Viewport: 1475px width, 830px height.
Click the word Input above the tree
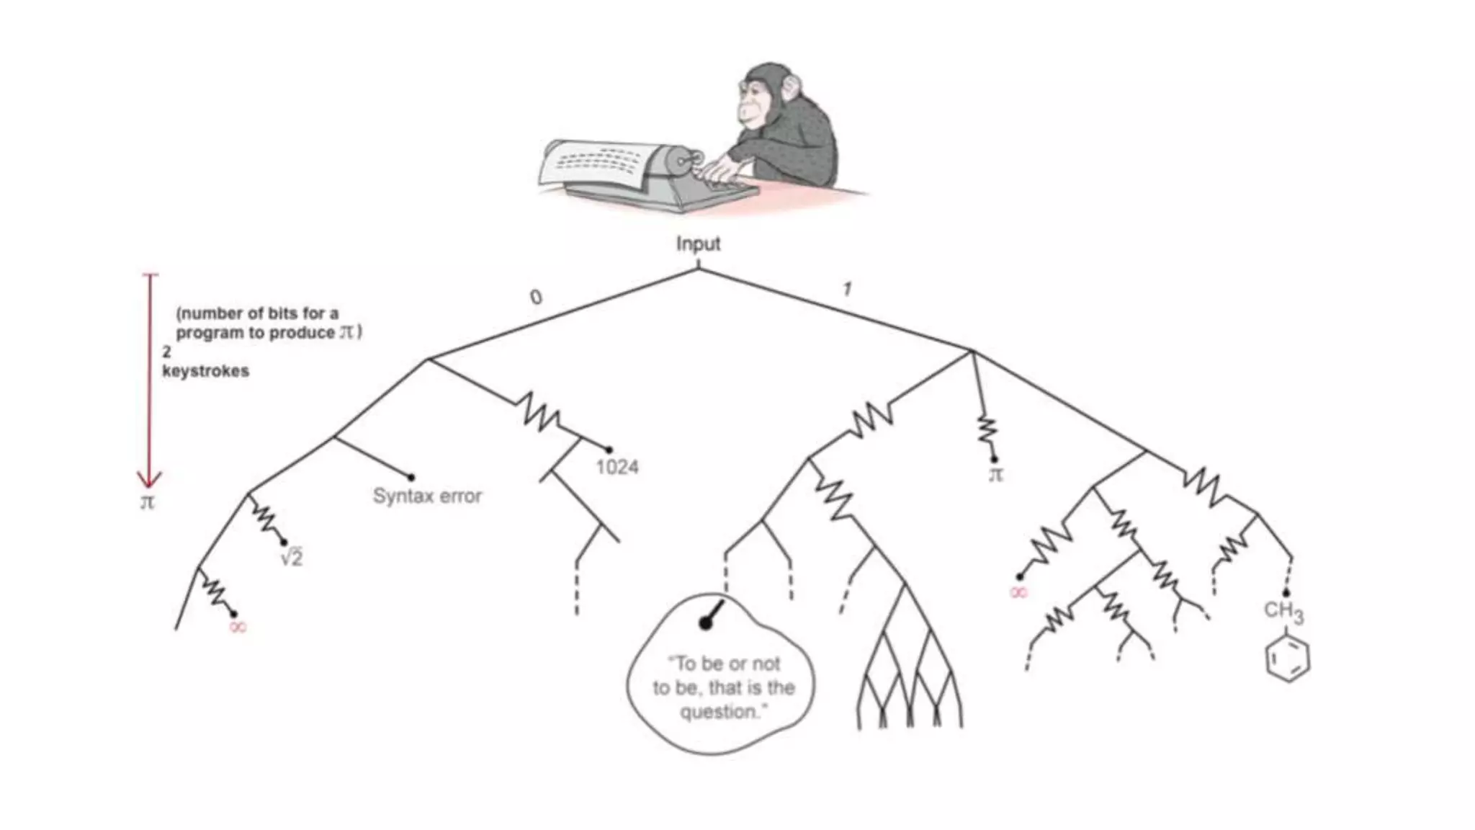[x=698, y=244]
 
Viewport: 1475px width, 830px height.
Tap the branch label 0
[x=535, y=297]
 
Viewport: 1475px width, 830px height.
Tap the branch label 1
[x=847, y=290]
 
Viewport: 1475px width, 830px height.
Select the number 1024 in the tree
[x=617, y=467]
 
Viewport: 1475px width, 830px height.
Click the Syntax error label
[x=427, y=496]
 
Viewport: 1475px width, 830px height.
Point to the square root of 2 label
[x=292, y=557]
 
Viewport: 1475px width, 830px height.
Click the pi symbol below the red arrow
[x=147, y=502]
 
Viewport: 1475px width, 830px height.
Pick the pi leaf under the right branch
[x=995, y=475]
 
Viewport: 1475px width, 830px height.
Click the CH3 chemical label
[x=1283, y=612]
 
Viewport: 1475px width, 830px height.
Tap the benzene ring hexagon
[x=1288, y=659]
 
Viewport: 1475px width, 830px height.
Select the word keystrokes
[x=205, y=372]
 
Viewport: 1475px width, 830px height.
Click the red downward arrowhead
[x=149, y=480]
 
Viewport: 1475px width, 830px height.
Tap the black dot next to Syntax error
[x=411, y=477]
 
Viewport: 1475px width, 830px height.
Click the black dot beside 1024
[x=609, y=450]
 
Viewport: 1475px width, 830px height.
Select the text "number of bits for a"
[x=257, y=313]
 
